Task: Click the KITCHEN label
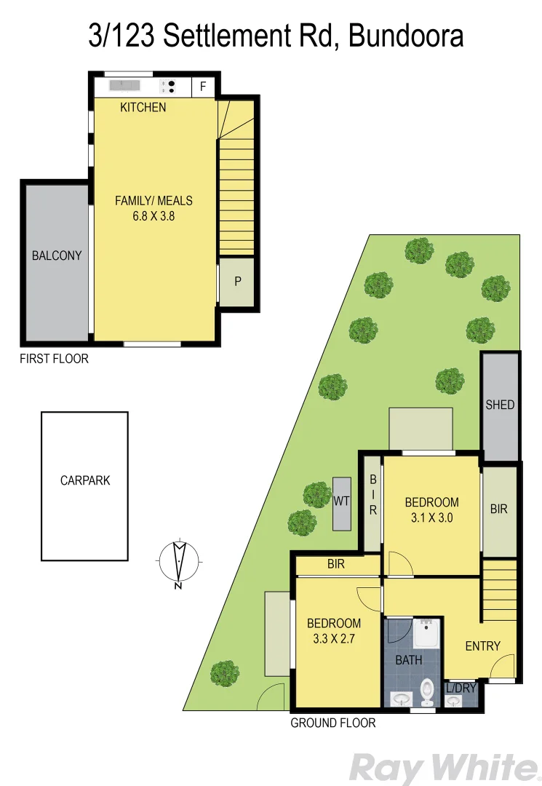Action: tap(143, 108)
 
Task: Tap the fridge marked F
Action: tap(203, 87)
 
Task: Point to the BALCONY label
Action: tap(57, 255)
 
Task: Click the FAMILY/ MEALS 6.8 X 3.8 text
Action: tap(154, 208)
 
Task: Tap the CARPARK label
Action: tap(85, 480)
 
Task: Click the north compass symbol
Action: tap(178, 562)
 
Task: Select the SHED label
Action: tap(500, 405)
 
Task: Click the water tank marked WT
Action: tap(342, 501)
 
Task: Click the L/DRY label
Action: tap(461, 688)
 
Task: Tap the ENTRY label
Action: tap(482, 646)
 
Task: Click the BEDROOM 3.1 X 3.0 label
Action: tap(431, 509)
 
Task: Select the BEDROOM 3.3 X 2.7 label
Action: tap(333, 631)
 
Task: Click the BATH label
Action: tap(408, 660)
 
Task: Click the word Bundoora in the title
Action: tap(406, 35)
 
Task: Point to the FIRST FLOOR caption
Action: tap(55, 359)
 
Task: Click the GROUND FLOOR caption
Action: tap(332, 723)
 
